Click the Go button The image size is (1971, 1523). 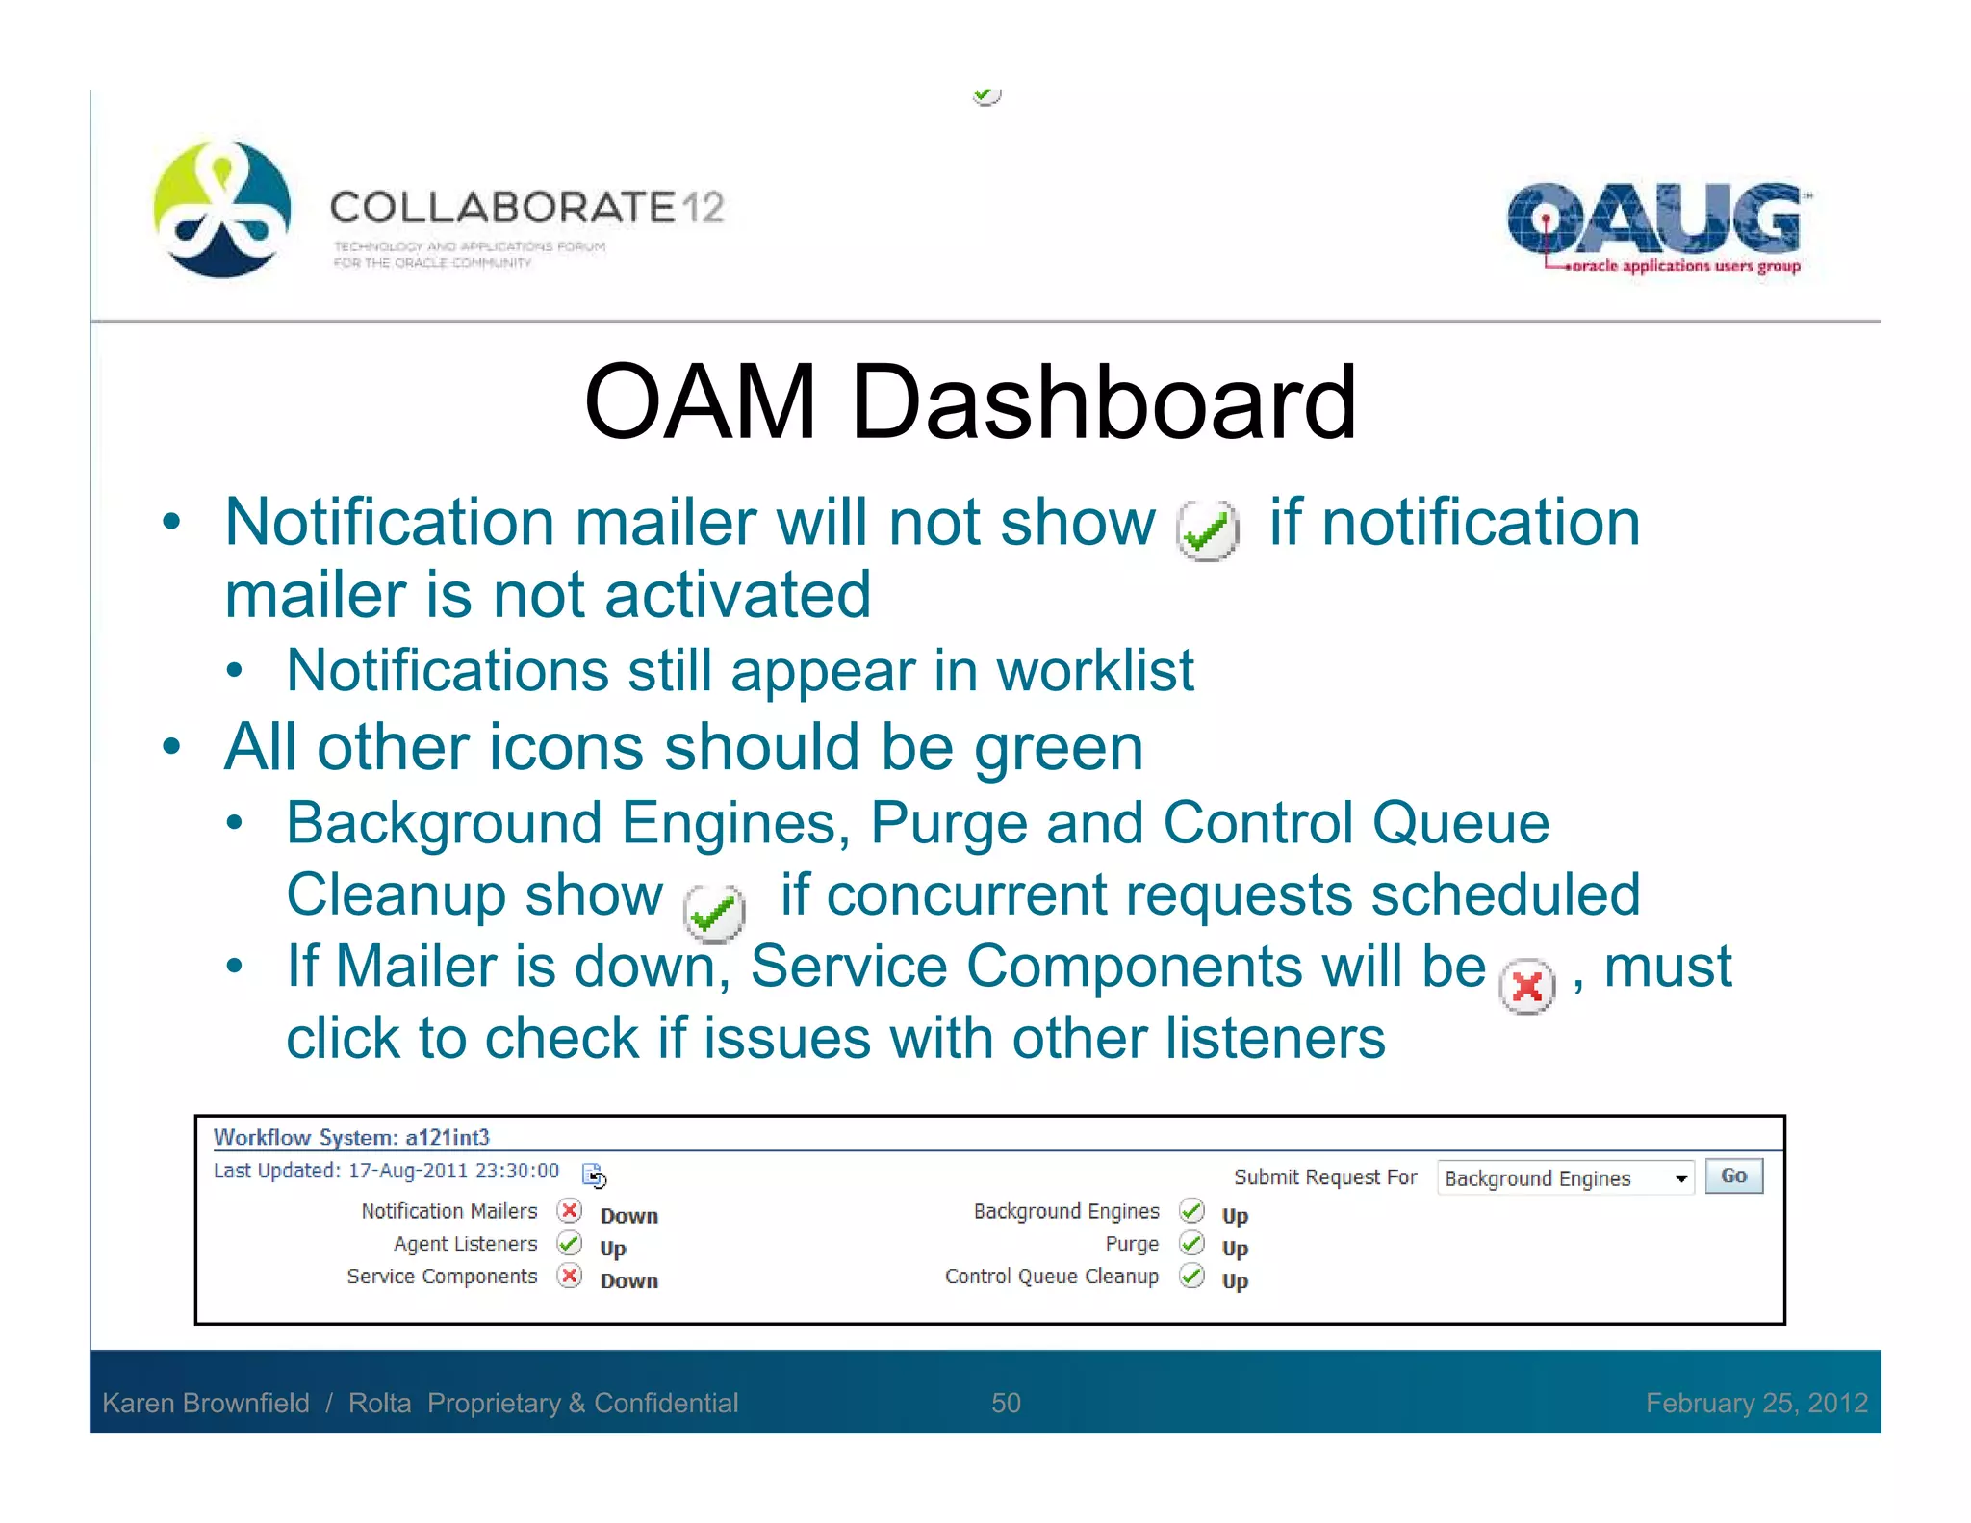(x=1733, y=1176)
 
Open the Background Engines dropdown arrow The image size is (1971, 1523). (x=1680, y=1178)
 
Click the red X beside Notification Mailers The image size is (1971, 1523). (x=570, y=1210)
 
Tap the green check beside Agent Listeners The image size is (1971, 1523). (x=570, y=1243)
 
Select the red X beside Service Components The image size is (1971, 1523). (x=570, y=1276)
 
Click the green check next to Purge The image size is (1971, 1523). (x=1191, y=1243)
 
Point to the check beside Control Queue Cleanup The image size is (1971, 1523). (x=1191, y=1276)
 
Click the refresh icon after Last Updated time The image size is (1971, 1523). (x=594, y=1175)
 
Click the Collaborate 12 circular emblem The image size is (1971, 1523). (x=222, y=209)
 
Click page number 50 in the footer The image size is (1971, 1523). (x=1006, y=1403)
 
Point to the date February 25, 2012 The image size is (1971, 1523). (x=1756, y=1403)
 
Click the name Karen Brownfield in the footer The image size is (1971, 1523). (x=206, y=1403)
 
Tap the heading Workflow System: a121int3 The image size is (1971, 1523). (x=351, y=1137)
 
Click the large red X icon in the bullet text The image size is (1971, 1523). (x=1527, y=987)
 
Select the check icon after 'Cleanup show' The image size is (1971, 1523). (x=714, y=912)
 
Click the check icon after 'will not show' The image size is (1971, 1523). (x=1207, y=530)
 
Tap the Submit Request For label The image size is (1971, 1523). (x=1325, y=1177)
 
